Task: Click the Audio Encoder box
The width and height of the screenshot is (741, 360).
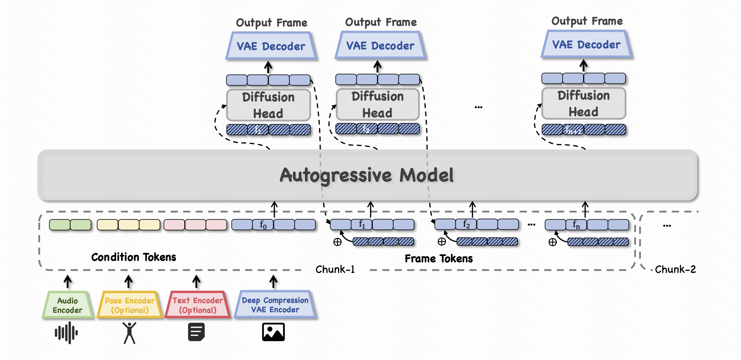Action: coord(68,305)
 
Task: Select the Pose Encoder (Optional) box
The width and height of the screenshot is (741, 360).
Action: coord(130,305)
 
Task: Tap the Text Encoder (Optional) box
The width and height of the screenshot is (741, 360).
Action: coord(198,305)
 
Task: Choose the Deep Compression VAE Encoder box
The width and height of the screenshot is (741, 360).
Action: coord(275,305)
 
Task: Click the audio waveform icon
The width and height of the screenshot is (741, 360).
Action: coord(66,333)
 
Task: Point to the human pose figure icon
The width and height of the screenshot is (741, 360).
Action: coord(129,333)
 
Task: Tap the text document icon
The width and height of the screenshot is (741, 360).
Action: coord(196,332)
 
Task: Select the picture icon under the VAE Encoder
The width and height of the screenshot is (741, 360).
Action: coord(273,332)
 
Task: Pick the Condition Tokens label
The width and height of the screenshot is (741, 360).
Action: coord(133,257)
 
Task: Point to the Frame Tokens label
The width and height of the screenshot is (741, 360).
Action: coord(438,259)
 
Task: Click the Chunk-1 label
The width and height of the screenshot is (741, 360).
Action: coord(335,269)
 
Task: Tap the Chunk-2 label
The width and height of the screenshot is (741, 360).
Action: coord(675,269)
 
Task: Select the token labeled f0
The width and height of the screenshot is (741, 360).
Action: coord(263,224)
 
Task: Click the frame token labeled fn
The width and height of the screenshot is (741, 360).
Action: coord(576,224)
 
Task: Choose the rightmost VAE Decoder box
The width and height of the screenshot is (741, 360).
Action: coord(586,45)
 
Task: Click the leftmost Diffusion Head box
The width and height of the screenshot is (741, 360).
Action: coord(268,105)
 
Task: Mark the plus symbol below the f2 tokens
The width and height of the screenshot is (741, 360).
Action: coord(441,242)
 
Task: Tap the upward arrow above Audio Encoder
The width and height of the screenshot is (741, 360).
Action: coord(68,281)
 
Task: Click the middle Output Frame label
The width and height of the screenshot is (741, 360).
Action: coord(380,22)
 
